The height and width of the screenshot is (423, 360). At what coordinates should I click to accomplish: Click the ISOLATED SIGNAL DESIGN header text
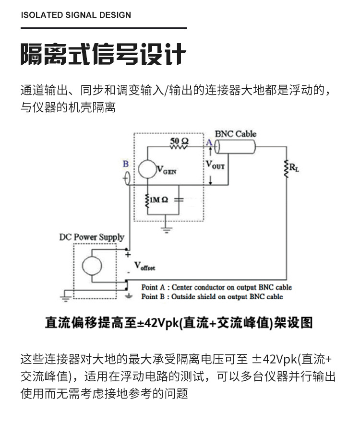[x=76, y=15]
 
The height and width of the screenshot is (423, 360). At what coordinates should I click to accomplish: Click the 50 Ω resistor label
[x=180, y=141]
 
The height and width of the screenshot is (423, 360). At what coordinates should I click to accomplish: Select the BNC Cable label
[x=235, y=134]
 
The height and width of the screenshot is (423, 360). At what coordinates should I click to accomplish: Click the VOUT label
[x=215, y=165]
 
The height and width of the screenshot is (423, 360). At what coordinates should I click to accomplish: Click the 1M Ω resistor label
[x=159, y=200]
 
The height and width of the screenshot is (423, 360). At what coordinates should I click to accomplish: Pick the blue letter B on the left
[x=126, y=164]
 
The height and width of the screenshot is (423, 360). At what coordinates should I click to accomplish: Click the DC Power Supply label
[x=91, y=237]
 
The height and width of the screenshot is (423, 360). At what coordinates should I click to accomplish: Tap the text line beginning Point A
[x=216, y=287]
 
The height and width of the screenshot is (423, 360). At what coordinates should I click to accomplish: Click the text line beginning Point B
[x=212, y=297]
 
